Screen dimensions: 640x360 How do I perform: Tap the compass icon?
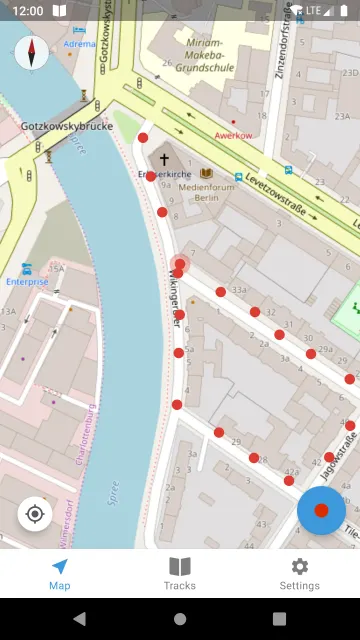pyautogui.click(x=32, y=52)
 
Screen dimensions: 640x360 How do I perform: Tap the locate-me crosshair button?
pyautogui.click(x=35, y=514)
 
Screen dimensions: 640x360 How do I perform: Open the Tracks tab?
pyautogui.click(x=180, y=573)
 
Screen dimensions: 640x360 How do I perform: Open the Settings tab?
pyautogui.click(x=299, y=573)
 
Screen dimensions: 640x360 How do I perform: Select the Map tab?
pyautogui.click(x=60, y=573)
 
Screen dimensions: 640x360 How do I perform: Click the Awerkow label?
pyautogui.click(x=232, y=134)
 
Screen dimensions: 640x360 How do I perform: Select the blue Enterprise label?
pyautogui.click(x=27, y=282)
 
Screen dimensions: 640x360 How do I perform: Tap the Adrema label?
pyautogui.click(x=79, y=44)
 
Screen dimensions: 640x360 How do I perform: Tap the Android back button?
pyautogui.click(x=80, y=619)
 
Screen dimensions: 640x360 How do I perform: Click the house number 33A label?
pyautogui.click(x=238, y=289)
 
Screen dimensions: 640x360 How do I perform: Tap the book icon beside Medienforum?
pyautogui.click(x=206, y=173)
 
